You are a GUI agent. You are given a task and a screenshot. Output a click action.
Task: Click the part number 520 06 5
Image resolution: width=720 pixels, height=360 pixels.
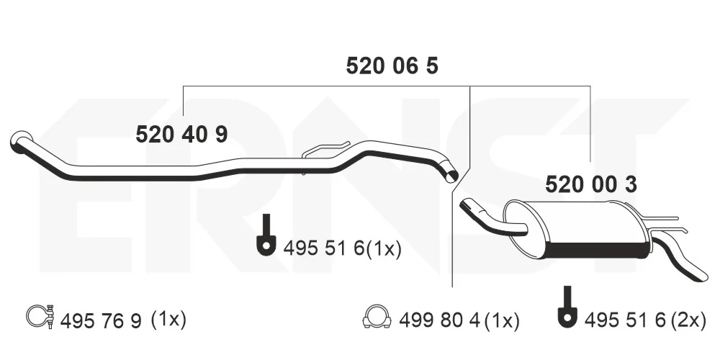tap(392, 66)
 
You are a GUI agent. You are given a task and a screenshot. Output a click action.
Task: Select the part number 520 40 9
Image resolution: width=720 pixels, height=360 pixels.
tap(182, 135)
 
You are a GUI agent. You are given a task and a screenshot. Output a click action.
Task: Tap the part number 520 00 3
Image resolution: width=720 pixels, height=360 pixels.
tap(591, 184)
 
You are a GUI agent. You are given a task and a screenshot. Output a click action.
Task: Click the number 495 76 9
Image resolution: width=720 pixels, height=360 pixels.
tap(101, 320)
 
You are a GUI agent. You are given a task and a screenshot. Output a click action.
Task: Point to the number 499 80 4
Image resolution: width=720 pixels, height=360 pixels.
tap(439, 320)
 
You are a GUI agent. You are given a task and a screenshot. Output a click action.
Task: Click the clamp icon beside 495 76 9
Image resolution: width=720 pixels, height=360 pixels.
tap(41, 316)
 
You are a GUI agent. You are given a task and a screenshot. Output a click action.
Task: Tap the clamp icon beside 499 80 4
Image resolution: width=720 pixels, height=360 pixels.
tap(377, 316)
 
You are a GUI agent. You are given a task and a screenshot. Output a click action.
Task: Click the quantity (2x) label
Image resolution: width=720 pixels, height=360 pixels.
tap(688, 320)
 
